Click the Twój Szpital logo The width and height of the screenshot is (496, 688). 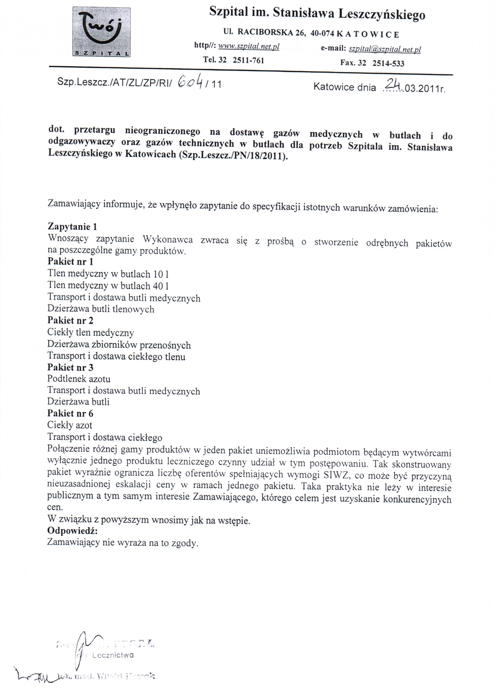coord(102,32)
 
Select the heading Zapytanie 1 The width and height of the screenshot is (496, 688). coord(72,226)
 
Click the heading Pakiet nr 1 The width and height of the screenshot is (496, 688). coord(70,261)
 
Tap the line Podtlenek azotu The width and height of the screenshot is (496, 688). coord(79,379)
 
